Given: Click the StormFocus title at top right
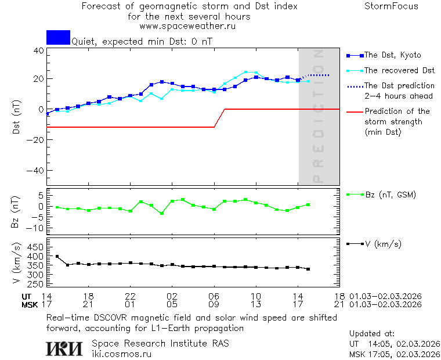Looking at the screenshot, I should coord(391,7).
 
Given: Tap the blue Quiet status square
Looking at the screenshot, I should coord(58,37).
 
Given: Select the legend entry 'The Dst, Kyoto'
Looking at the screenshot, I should coord(392,55).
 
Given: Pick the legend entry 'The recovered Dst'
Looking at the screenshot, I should coord(399,71).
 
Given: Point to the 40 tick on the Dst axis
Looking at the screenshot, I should coord(38,51).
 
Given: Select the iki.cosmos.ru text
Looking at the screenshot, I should coord(122,354).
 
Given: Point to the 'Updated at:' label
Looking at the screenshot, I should coord(372,334).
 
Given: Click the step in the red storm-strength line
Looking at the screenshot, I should coord(220,118).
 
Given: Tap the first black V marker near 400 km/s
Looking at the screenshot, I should coord(57,256).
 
